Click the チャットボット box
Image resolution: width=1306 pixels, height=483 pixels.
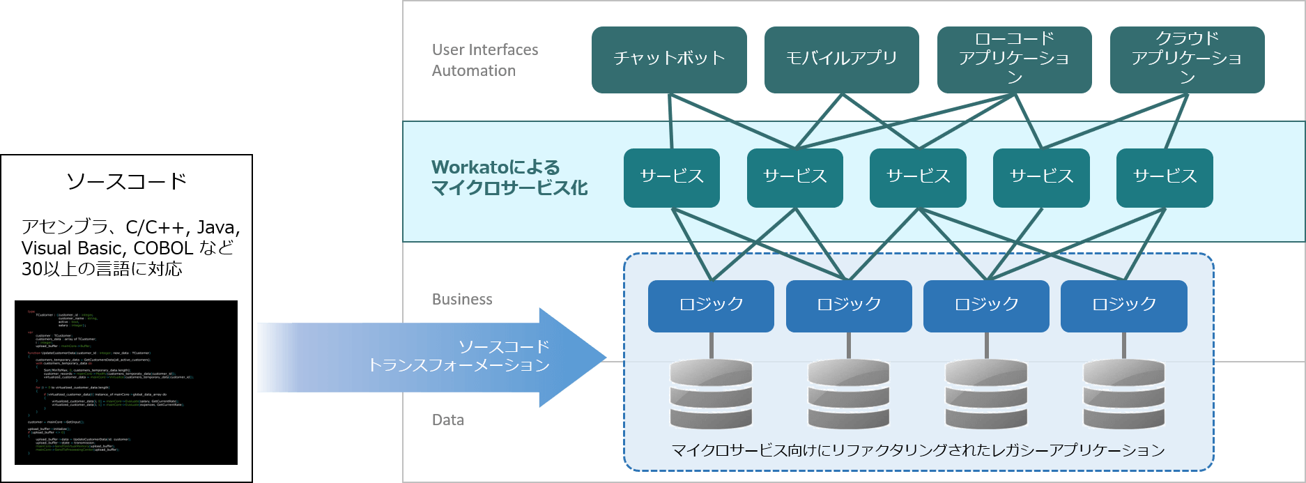pos(669,59)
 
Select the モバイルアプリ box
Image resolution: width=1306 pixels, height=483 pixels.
pos(841,59)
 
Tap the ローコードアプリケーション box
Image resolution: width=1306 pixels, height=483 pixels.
pos(1014,59)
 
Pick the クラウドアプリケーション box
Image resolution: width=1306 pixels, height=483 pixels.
pos(1187,59)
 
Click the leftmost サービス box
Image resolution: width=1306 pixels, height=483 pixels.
pos(672,177)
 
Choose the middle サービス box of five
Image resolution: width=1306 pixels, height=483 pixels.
pos(918,177)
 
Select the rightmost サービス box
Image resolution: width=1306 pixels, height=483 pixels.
pos(1165,177)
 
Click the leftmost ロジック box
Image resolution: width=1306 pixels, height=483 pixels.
pos(711,305)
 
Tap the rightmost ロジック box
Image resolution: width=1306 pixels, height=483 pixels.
pos(1123,305)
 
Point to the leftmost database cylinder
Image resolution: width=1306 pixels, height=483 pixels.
pos(711,394)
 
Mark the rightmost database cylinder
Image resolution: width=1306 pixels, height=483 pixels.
pos(1123,394)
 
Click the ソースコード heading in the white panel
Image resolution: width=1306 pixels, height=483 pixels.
pos(126,182)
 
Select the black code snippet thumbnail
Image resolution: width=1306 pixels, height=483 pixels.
pos(126,382)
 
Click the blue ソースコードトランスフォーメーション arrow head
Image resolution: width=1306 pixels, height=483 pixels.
pos(571,358)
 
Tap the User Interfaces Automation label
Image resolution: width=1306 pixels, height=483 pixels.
pos(484,60)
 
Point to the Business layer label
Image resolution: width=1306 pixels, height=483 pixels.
pos(462,300)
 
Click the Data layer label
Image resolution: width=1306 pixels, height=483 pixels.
pos(447,420)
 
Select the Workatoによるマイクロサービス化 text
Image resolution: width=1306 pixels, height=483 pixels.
pos(509,178)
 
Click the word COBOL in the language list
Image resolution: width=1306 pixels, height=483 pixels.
pos(163,249)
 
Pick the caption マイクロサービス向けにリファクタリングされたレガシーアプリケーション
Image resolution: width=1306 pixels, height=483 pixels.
pos(918,450)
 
